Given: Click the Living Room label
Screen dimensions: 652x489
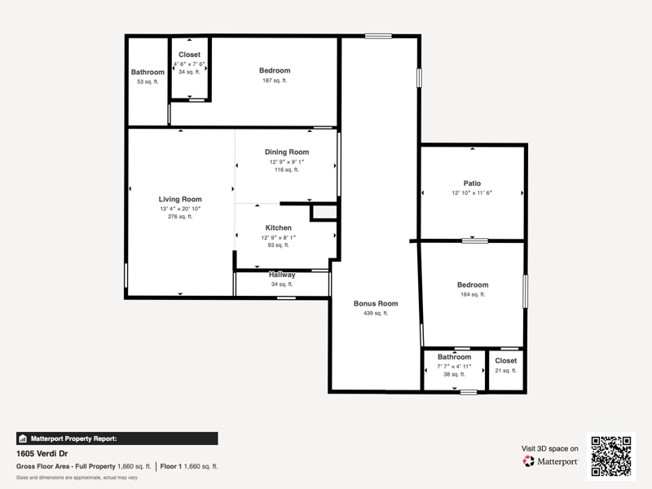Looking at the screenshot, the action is [180, 199].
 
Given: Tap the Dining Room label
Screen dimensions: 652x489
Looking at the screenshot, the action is [287, 152].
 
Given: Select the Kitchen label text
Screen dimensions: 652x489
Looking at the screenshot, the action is [278, 228].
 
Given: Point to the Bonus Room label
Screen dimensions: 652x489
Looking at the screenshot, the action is [376, 303].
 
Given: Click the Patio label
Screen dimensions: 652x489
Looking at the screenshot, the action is [472, 183].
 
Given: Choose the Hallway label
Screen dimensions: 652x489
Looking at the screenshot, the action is [282, 275].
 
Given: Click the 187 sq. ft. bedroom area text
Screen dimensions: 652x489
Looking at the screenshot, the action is [275, 81].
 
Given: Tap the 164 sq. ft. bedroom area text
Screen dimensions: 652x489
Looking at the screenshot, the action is [473, 294].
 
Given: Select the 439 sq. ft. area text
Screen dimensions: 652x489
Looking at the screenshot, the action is [376, 313].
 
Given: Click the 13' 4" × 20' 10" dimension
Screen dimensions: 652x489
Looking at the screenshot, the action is [180, 209].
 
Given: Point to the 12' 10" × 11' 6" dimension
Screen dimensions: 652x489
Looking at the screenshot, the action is [472, 193].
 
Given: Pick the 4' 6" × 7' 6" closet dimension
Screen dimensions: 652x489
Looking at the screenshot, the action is [190, 64].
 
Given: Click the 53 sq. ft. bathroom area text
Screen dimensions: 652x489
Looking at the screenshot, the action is [148, 82].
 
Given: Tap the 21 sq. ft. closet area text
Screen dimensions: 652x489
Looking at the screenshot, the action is [505, 371].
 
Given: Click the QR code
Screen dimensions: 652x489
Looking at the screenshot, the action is [611, 456].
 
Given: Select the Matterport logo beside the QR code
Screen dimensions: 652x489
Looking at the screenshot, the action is [550, 461].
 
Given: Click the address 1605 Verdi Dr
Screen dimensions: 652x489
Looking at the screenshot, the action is [42, 454].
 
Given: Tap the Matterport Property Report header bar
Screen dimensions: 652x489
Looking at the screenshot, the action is [117, 438].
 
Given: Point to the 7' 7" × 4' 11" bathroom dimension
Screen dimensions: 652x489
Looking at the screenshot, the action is [454, 366].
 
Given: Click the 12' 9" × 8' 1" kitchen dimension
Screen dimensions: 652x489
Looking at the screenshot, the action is [278, 237].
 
